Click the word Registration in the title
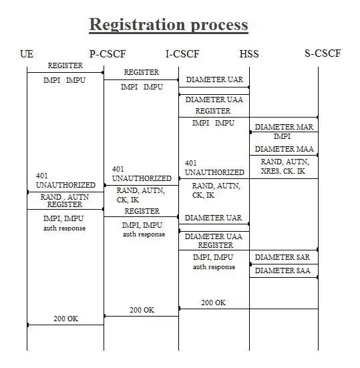pyautogui.click(x=138, y=25)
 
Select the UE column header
pyautogui.click(x=27, y=54)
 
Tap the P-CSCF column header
pyautogui.click(x=108, y=54)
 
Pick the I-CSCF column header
pyautogui.click(x=182, y=54)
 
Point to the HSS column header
pyautogui.click(x=249, y=54)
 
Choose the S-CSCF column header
pyautogui.click(x=323, y=53)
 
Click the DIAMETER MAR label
pyautogui.click(x=284, y=127)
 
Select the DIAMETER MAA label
pyautogui.click(x=285, y=149)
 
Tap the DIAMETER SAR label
pyautogui.click(x=283, y=257)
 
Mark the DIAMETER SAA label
pyautogui.click(x=283, y=270)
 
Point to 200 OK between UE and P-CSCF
pyautogui.click(x=65, y=319)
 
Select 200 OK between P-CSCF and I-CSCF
pyautogui.click(x=142, y=310)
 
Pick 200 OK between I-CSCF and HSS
pyautogui.click(x=213, y=303)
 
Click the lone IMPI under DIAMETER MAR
pyautogui.click(x=282, y=136)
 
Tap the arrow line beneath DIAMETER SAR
pyautogui.click(x=284, y=264)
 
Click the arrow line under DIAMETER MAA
pyautogui.click(x=284, y=155)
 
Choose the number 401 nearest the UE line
pyautogui.click(x=42, y=176)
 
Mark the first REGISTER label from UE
pyautogui.click(x=65, y=65)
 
